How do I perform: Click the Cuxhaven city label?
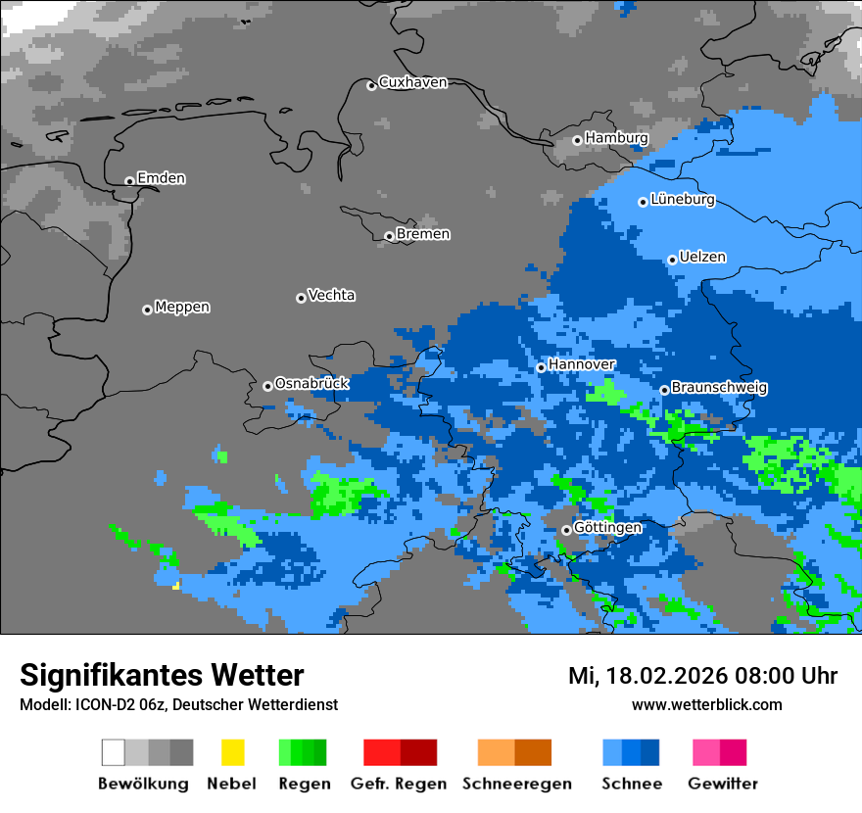412,82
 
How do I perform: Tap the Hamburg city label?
616,138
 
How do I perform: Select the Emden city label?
161,178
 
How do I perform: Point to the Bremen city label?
423,234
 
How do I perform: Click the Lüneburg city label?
682,200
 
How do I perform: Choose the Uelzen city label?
702,258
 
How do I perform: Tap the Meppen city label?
182,308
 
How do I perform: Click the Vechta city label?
331,296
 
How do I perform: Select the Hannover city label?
582,364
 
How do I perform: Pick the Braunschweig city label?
719,388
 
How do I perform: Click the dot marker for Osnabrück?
267,386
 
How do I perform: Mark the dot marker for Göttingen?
566,530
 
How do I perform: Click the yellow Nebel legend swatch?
232,752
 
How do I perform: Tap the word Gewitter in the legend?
723,784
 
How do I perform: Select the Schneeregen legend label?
517,784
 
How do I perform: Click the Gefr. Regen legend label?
399,784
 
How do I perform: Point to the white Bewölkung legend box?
114,752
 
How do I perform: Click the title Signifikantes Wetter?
162,676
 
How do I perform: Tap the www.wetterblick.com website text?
706,705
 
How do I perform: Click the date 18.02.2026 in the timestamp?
661,676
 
